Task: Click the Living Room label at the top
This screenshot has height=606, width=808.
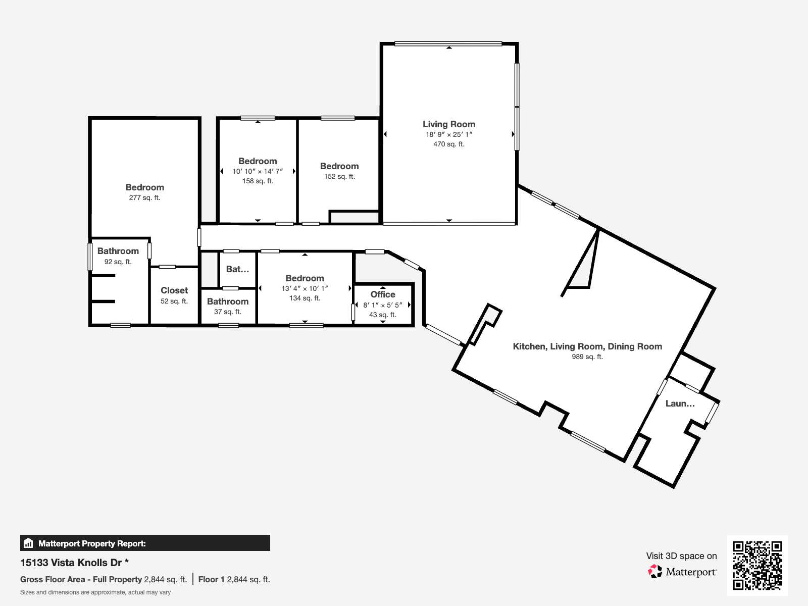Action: pos(448,124)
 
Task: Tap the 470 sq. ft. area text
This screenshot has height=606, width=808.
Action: pos(448,144)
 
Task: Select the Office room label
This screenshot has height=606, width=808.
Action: pos(383,294)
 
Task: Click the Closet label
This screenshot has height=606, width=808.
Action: pos(174,290)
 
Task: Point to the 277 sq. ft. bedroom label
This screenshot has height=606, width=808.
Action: pos(144,197)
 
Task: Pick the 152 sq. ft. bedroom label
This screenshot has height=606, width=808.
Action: pos(339,176)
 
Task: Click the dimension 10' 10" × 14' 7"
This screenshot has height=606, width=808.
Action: pos(258,171)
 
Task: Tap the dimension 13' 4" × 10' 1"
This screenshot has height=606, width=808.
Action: pos(305,288)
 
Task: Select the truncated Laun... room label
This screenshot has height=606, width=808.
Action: pos(680,403)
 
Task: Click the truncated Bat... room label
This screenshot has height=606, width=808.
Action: pos(237,269)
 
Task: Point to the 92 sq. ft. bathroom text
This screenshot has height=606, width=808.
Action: pos(118,262)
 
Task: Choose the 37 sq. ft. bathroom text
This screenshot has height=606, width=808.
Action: pos(227,312)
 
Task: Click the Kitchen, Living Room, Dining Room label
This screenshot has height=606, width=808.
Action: pos(587,346)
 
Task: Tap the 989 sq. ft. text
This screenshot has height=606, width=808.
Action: pos(587,357)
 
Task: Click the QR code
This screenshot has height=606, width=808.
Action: pos(757,566)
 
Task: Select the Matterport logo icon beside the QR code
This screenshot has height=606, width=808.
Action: pos(655,572)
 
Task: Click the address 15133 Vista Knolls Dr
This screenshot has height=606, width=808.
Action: pos(71,563)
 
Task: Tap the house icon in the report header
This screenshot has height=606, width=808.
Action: pos(28,543)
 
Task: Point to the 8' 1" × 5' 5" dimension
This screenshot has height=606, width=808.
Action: pos(383,305)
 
